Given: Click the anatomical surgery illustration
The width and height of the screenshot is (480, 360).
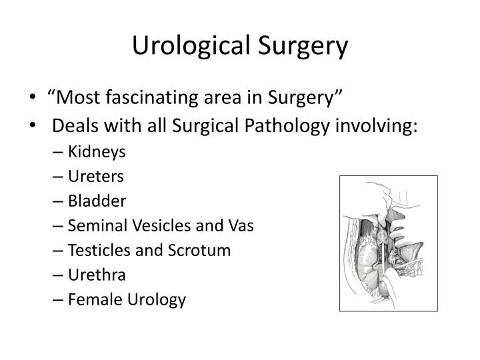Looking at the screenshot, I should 388,243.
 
